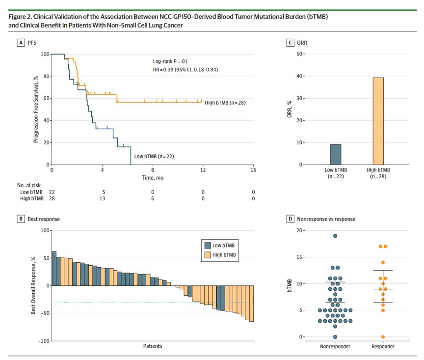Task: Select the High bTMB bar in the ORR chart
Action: [377, 121]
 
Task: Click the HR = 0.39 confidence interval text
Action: [185, 70]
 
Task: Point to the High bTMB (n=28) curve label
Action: [225, 103]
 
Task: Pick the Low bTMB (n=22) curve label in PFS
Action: [154, 156]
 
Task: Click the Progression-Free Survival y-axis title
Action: [36, 109]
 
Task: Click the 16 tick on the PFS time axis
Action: [253, 170]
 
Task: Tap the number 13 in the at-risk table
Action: [102, 198]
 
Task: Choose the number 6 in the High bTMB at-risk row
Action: [153, 198]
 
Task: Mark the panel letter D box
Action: [291, 219]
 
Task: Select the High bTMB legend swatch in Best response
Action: [207, 255]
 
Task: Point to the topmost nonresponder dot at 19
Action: [335, 236]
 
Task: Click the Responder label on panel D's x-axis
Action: [383, 347]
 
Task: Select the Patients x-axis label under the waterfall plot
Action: [152, 346]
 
